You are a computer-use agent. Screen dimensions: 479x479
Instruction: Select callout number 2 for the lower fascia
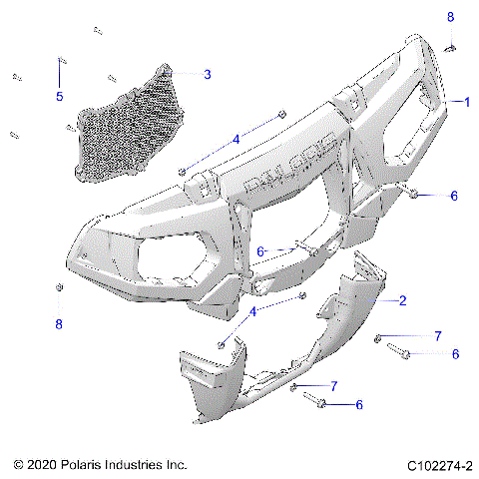click(401, 300)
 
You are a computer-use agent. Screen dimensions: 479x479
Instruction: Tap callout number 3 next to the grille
click(207, 74)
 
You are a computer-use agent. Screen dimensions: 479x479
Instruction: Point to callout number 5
click(59, 96)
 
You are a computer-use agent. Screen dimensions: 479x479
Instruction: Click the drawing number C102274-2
click(439, 465)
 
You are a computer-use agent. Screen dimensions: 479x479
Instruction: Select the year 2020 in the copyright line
click(48, 465)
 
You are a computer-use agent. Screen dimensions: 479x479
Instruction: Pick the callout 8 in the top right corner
click(449, 17)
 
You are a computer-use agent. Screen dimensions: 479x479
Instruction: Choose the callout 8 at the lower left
click(59, 323)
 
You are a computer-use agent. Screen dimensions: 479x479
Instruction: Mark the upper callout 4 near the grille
click(236, 139)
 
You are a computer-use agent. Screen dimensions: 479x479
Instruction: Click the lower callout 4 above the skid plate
click(252, 312)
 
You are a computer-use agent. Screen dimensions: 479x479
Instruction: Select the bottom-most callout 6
click(359, 404)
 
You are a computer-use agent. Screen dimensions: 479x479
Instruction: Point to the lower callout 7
click(333, 385)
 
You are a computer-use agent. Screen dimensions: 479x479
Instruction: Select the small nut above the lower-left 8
click(59, 289)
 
